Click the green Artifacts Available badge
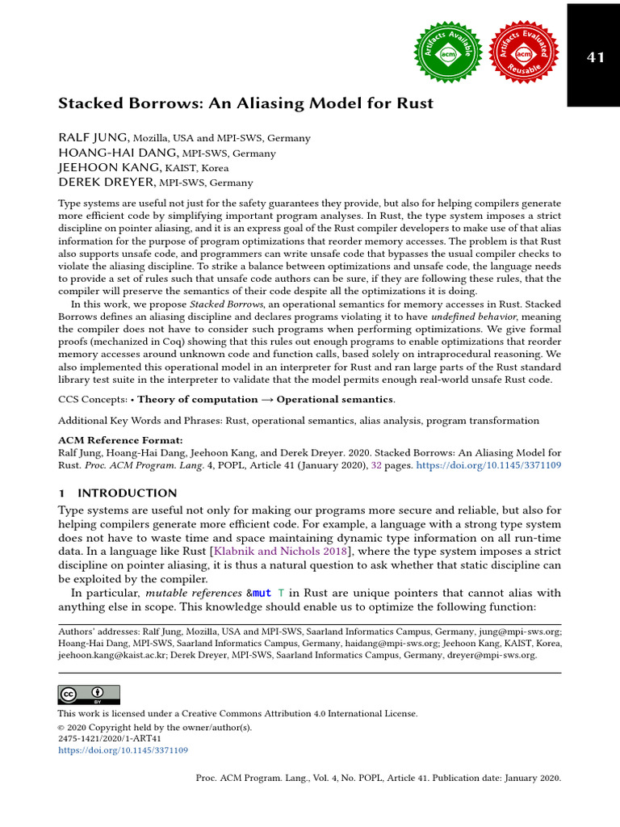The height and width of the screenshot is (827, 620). pos(447,54)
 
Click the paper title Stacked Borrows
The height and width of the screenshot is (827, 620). pos(245,103)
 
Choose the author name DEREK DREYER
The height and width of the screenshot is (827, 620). pos(107,183)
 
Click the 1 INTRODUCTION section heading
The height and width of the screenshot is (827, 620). pos(117,493)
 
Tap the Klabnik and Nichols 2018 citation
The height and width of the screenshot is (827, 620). pos(279,551)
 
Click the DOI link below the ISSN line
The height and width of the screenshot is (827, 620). pos(123,750)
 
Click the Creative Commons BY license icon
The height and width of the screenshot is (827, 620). pos(89,695)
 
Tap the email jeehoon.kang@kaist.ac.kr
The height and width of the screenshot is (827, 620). pos(110,656)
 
